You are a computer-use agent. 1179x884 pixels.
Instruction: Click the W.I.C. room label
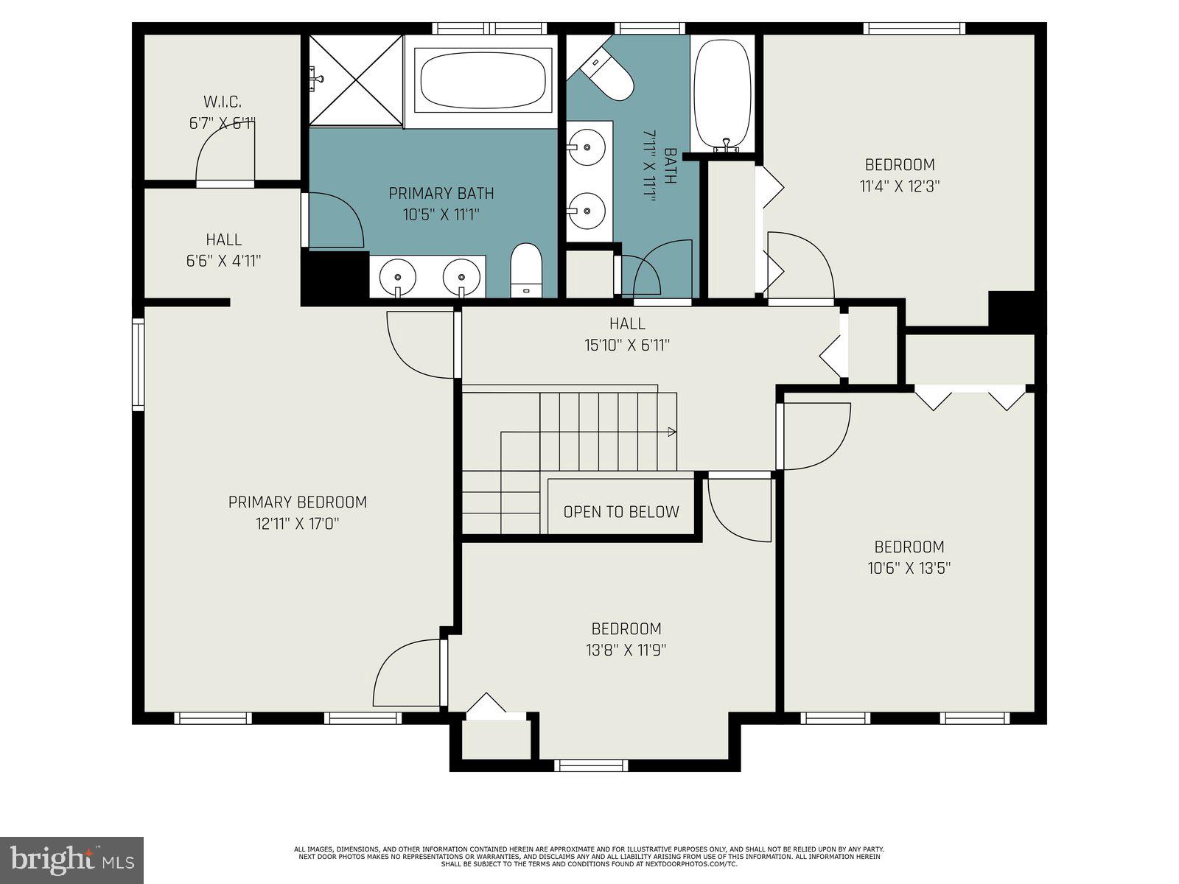tap(222, 102)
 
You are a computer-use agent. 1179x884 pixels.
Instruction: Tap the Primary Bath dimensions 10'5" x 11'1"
tap(441, 215)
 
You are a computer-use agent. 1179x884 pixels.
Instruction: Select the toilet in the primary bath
tap(526, 270)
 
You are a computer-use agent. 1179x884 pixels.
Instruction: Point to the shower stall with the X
tap(356, 80)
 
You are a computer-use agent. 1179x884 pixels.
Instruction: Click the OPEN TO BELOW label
tap(621, 512)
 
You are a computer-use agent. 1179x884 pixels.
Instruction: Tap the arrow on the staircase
tap(671, 432)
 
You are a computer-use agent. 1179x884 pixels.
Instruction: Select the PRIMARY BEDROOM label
tap(297, 502)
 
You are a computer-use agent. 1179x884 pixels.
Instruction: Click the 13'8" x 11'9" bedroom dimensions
tap(626, 650)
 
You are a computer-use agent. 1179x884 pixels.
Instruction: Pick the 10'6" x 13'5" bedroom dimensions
tap(909, 569)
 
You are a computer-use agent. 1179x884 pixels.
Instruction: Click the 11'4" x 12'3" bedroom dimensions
tap(900, 186)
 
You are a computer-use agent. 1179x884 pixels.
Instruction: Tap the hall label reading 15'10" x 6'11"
tap(628, 345)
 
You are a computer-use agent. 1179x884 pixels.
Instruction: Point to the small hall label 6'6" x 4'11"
tap(223, 261)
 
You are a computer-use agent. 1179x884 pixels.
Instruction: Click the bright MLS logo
tap(71, 860)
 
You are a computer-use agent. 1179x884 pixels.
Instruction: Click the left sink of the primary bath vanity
tap(398, 277)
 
